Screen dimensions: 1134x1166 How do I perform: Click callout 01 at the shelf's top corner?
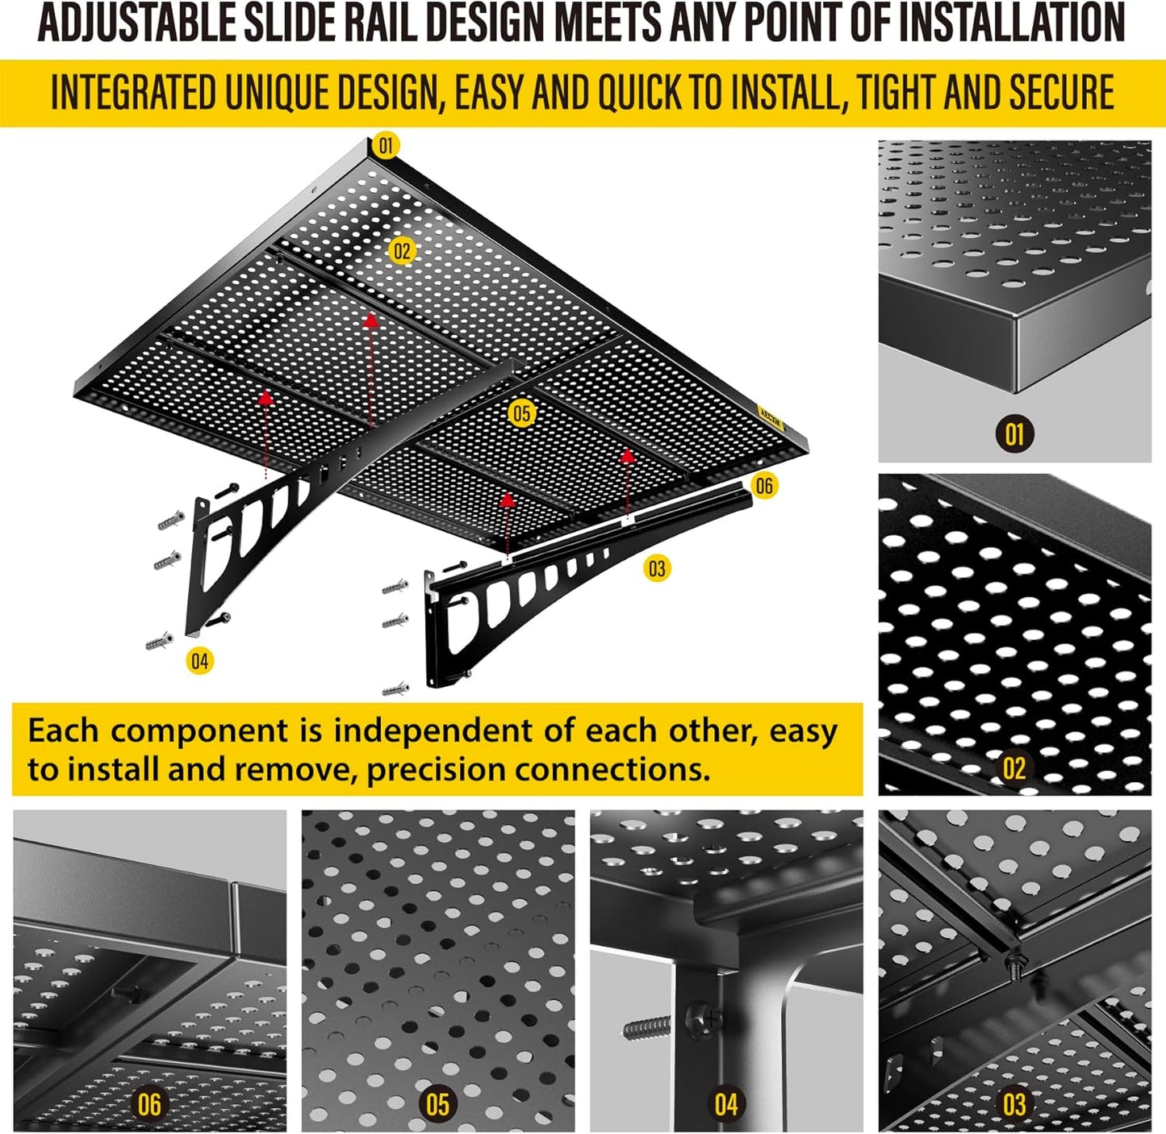click(x=386, y=145)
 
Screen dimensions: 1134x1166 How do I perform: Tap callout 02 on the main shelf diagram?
click(x=402, y=251)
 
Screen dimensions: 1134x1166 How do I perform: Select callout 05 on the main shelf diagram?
click(x=522, y=414)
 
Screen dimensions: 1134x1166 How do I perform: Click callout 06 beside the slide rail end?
click(x=763, y=485)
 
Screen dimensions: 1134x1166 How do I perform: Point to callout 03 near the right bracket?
click(x=657, y=569)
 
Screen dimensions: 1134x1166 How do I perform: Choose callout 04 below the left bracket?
click(x=199, y=661)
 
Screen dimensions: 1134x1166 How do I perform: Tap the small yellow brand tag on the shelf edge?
click(x=771, y=413)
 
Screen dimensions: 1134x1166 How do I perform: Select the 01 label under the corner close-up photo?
click(x=1014, y=434)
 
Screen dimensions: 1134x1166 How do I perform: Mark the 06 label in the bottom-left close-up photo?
click(x=149, y=1104)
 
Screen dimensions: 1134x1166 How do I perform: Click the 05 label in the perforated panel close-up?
click(x=437, y=1104)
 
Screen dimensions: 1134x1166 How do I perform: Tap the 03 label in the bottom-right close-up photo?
click(x=1014, y=1104)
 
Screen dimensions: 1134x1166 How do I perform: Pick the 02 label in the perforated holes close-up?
click(x=1014, y=768)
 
